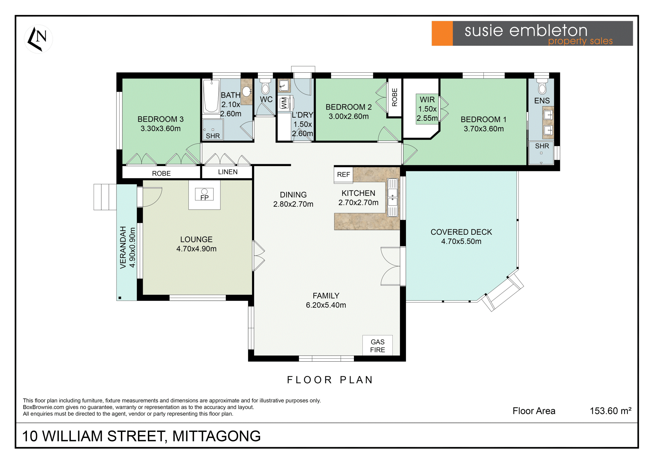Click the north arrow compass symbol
click(x=38, y=39)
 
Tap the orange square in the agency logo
click(x=442, y=33)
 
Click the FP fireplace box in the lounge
click(x=204, y=194)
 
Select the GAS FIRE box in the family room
click(x=377, y=346)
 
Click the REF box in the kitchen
click(x=343, y=175)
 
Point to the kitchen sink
click(x=392, y=198)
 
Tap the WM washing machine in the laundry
click(x=284, y=103)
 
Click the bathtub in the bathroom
click(x=211, y=96)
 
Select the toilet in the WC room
click(x=265, y=87)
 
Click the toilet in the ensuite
click(x=542, y=87)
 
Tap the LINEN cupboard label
click(x=228, y=172)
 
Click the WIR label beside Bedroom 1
click(x=427, y=100)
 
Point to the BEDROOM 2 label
click(x=348, y=107)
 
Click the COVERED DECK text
click(x=461, y=232)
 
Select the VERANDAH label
click(x=123, y=247)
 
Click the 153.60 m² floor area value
click(x=610, y=411)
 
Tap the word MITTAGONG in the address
click(x=216, y=436)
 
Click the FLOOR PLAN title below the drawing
click(x=330, y=380)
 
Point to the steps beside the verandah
click(x=105, y=197)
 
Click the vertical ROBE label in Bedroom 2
click(x=395, y=97)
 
